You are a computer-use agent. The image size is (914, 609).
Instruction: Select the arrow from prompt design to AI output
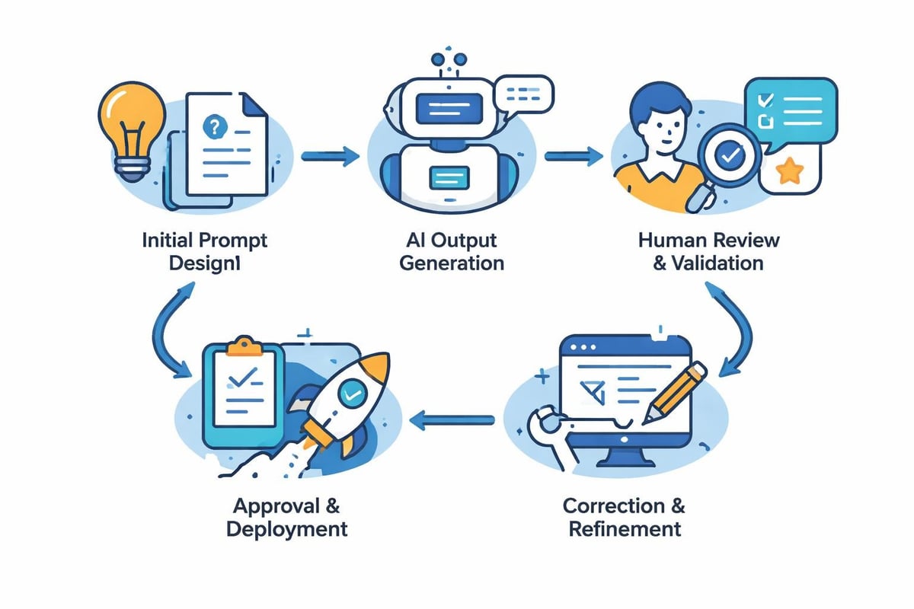pos(330,157)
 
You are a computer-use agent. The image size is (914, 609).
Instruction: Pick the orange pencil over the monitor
pos(674,393)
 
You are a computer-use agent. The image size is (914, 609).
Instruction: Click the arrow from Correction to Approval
pos(452,417)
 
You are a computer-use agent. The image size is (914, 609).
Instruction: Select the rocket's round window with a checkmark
pos(352,393)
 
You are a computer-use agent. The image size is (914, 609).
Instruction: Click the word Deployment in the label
pos(287,528)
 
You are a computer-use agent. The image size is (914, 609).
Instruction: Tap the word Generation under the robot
pos(452,263)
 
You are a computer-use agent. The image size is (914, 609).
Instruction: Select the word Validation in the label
pos(719,263)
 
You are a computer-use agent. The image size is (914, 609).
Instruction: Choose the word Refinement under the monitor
pos(625,528)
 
